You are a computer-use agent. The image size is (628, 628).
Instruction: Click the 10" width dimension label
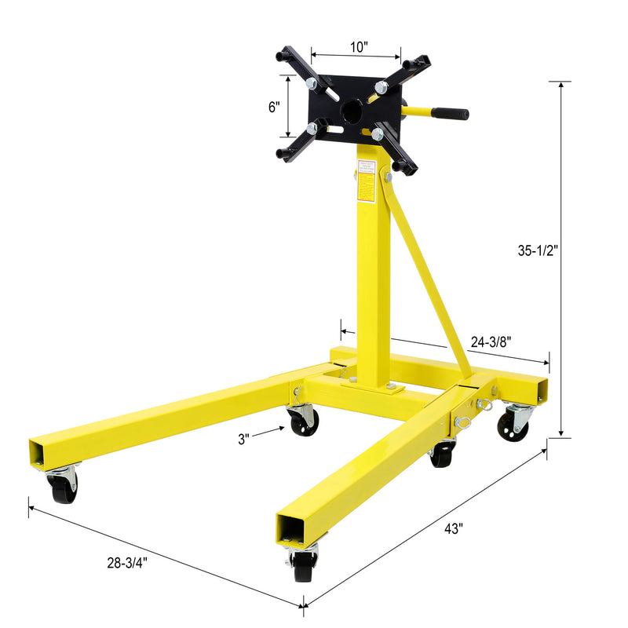[359, 46]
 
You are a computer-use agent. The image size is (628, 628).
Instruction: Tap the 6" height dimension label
[274, 108]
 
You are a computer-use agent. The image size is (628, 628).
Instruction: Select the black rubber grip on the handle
[452, 114]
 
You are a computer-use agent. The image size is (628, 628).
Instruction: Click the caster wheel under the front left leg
[63, 487]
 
